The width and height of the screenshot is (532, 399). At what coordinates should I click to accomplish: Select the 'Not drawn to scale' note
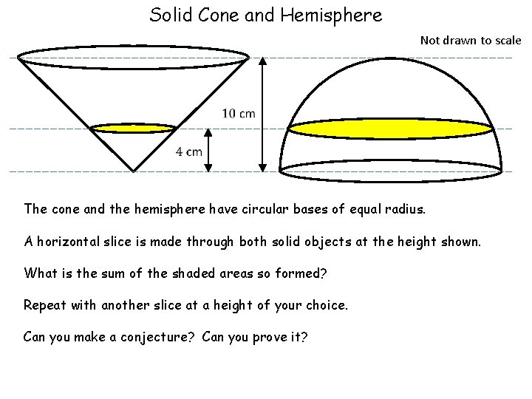[x=471, y=40]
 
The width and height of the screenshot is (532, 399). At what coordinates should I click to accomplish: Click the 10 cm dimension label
[x=238, y=113]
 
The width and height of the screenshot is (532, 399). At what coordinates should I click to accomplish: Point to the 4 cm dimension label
[x=188, y=151]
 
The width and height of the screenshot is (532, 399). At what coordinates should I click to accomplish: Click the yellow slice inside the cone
[x=133, y=129]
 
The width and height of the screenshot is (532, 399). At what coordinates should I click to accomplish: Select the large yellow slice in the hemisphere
[x=390, y=129]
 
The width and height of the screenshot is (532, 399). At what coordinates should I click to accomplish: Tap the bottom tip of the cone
[x=133, y=171]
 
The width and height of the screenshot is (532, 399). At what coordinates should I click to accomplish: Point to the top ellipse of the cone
[x=133, y=56]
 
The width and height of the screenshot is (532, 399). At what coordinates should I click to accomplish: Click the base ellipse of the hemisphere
[x=390, y=171]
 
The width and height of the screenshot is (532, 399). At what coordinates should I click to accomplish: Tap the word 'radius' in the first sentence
[x=403, y=209]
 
